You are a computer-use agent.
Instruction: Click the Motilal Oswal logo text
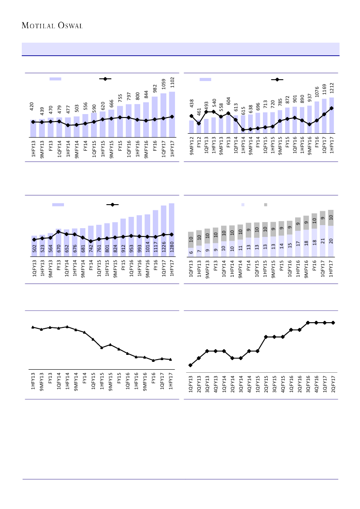click(x=52, y=26)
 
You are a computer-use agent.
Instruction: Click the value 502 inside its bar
click(x=34, y=248)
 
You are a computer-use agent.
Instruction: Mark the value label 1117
click(x=155, y=246)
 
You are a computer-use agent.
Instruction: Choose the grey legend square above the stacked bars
click(x=266, y=205)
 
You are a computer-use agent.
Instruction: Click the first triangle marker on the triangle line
click(x=33, y=327)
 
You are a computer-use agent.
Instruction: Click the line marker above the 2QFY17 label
click(x=333, y=323)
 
